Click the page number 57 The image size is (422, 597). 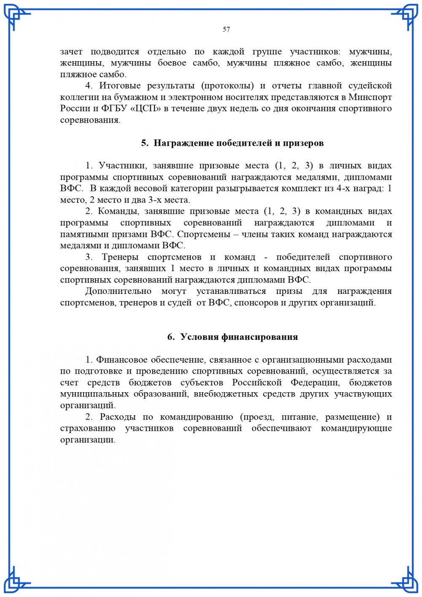(x=226, y=29)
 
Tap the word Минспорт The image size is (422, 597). (x=370, y=97)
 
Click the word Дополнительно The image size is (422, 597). (x=118, y=291)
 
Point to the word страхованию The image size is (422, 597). (x=88, y=429)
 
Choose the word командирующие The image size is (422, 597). (x=356, y=429)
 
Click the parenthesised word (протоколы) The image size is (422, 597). (x=227, y=86)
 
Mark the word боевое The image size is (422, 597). (x=172, y=63)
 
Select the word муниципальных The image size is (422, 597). (x=95, y=394)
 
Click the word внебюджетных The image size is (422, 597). (x=228, y=394)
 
